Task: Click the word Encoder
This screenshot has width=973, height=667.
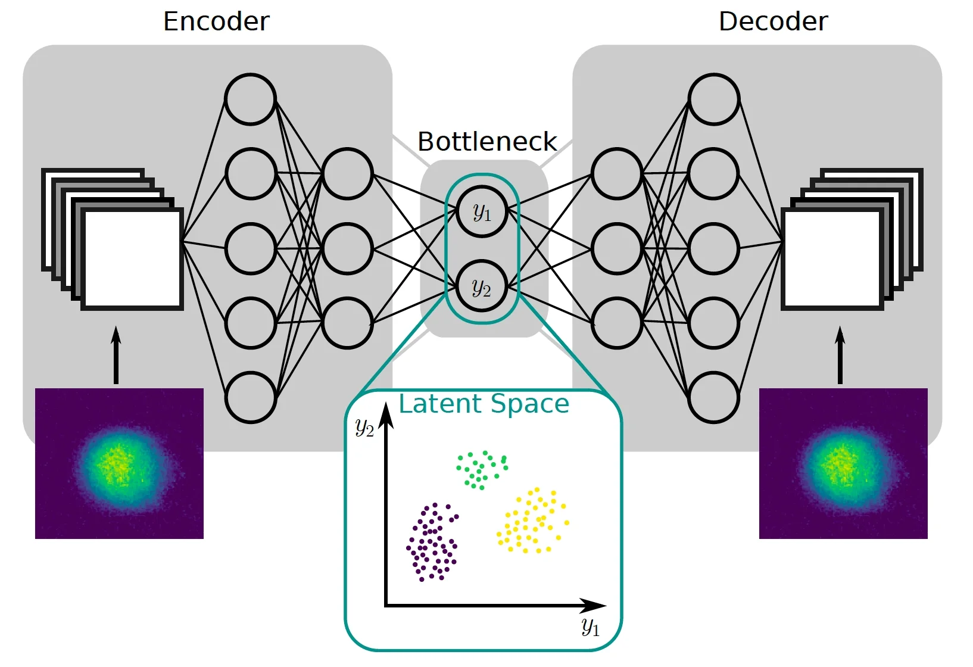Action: click(x=216, y=22)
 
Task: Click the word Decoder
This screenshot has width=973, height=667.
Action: click(x=773, y=22)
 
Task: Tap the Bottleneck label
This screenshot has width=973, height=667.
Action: click(x=487, y=142)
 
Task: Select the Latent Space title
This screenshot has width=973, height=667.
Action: click(x=484, y=404)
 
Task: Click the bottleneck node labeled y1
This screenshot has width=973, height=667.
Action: click(x=482, y=212)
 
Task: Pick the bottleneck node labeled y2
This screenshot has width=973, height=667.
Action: click(x=482, y=287)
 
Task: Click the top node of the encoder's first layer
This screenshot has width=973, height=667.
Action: click(x=251, y=99)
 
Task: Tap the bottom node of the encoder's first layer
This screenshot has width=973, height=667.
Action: click(x=251, y=397)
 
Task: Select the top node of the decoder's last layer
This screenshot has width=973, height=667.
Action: click(x=714, y=99)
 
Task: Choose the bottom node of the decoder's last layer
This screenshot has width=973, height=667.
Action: click(x=714, y=397)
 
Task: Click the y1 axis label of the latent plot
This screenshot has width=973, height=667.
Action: click(x=591, y=627)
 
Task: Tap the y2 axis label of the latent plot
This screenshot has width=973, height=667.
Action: click(x=364, y=427)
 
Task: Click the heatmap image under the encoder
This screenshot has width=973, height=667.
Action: click(x=119, y=463)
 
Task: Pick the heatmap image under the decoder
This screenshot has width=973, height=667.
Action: click(x=843, y=463)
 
